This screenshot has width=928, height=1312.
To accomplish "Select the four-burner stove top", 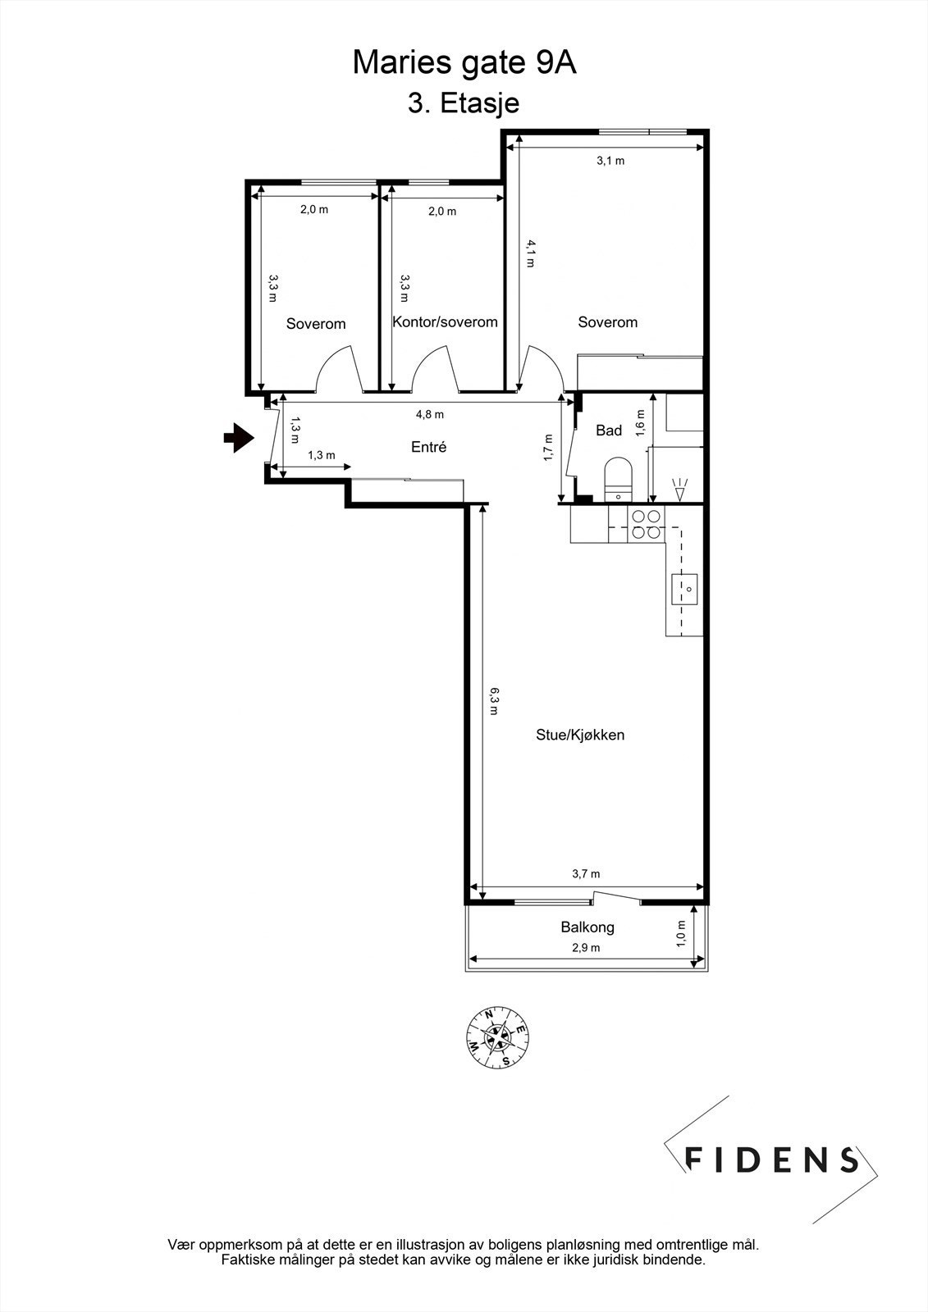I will [x=645, y=525].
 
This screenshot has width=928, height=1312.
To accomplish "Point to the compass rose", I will [x=498, y=1038].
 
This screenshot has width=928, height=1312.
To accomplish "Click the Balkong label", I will [x=587, y=927].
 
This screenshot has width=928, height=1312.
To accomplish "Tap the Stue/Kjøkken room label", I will [x=580, y=735].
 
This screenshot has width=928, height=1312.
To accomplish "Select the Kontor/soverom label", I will [x=445, y=321].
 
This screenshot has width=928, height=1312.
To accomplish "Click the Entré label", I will [x=428, y=447].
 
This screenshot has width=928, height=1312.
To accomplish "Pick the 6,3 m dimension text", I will [x=494, y=701].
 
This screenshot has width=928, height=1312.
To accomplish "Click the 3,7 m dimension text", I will [x=586, y=874].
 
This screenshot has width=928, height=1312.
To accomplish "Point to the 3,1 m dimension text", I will [x=610, y=161].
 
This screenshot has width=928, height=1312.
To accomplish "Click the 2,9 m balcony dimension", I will [x=586, y=947].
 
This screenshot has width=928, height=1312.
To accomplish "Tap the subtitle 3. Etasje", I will [x=464, y=103].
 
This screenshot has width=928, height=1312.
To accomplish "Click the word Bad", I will [x=608, y=430].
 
